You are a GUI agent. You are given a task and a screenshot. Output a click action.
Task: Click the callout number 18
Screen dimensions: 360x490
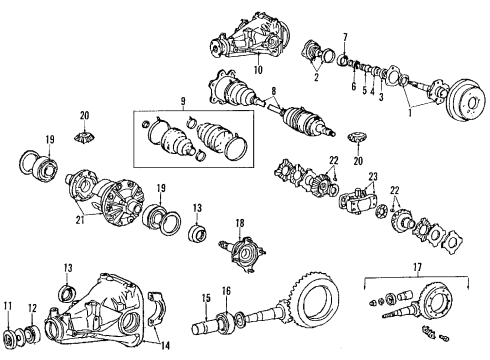point(240,225)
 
